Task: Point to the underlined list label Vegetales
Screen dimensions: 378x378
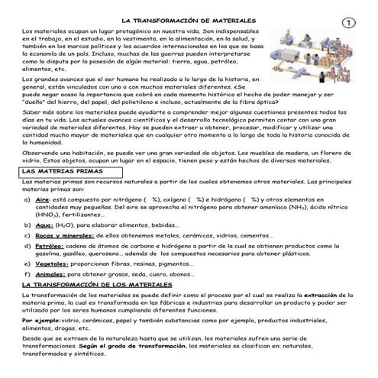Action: (x=51, y=263)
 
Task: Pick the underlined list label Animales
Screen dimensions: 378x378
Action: (x=51, y=273)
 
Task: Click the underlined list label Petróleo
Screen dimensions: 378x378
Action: (x=50, y=245)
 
